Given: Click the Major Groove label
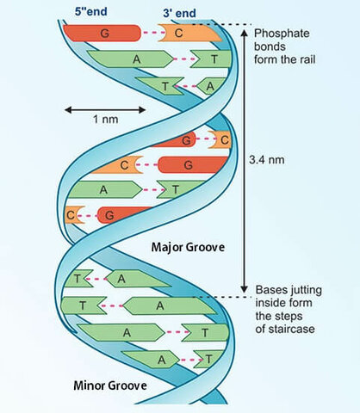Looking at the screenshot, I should coord(188,247).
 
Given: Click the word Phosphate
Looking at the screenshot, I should coord(282,34).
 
